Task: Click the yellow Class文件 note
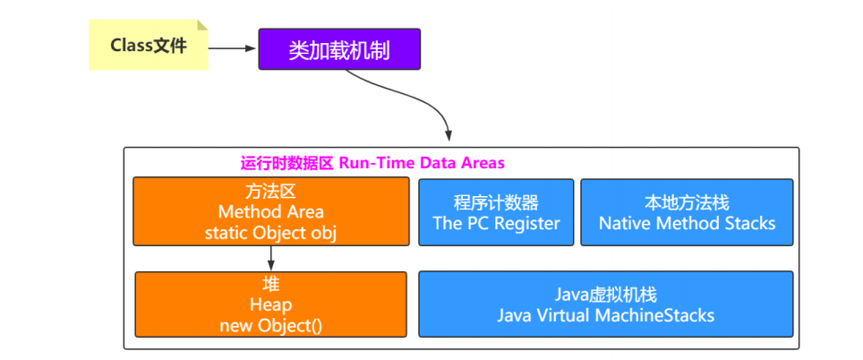(x=149, y=46)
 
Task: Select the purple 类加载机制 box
(x=338, y=49)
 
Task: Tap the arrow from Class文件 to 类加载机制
(x=233, y=48)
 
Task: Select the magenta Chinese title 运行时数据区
(x=286, y=163)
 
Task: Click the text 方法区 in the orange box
(x=270, y=192)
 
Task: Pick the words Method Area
(x=270, y=212)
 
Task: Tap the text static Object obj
(x=270, y=233)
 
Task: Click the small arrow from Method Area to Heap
(x=270, y=259)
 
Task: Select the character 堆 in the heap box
(x=270, y=285)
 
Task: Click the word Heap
(x=270, y=305)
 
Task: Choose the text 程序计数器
(x=496, y=202)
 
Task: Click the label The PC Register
(x=496, y=223)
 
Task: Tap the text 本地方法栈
(x=687, y=202)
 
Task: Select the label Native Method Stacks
(x=687, y=223)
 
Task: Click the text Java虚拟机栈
(x=606, y=295)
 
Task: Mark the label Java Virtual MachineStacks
(x=606, y=315)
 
